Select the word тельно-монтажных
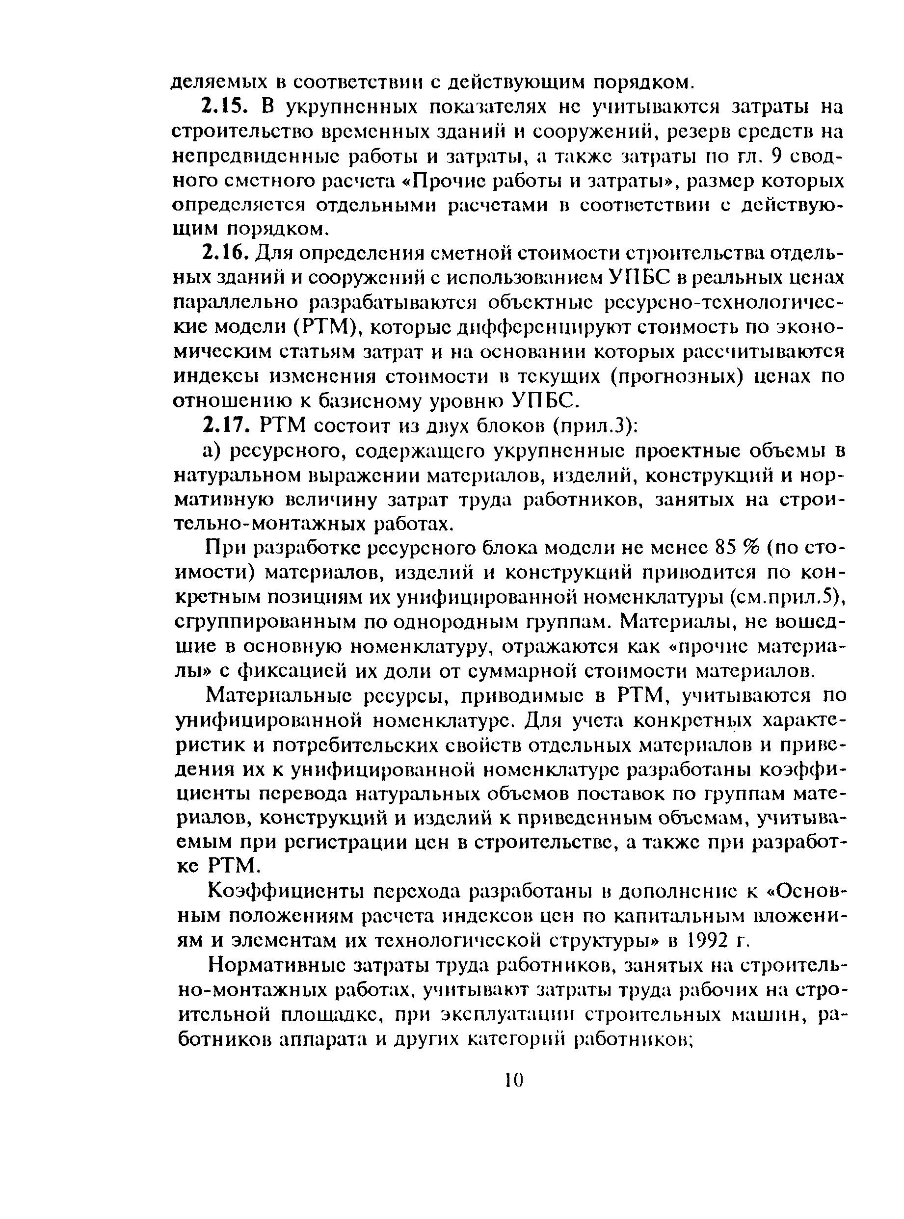[x=271, y=524]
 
